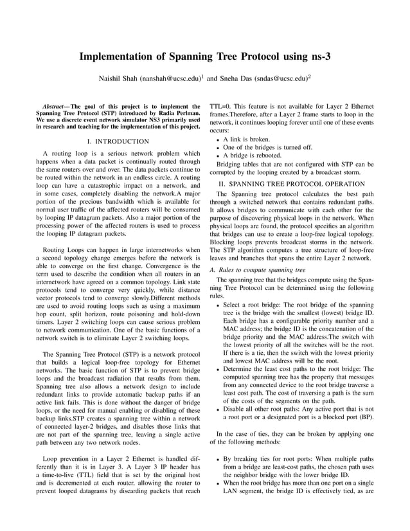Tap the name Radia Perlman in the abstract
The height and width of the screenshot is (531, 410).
point(179,113)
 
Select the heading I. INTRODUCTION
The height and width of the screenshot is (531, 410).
point(117,141)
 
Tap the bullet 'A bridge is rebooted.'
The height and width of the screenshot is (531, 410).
point(256,156)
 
